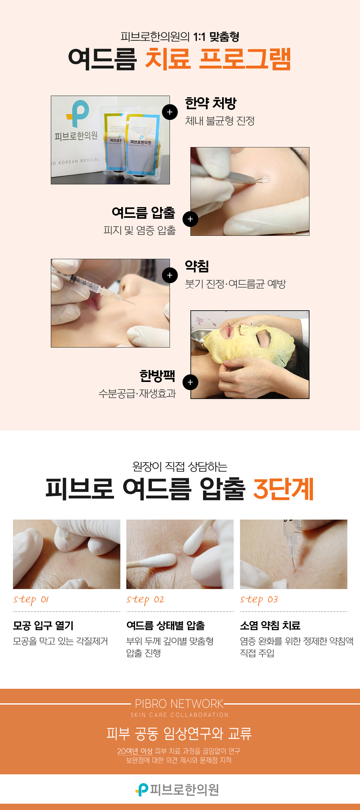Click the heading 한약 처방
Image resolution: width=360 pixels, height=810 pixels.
pyautogui.click(x=211, y=104)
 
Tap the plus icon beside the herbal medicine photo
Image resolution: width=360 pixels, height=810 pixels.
pyautogui.click(x=170, y=112)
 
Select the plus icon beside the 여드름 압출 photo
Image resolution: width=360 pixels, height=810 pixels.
pyautogui.click(x=190, y=219)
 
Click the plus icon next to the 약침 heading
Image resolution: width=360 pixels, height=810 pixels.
pyautogui.click(x=170, y=275)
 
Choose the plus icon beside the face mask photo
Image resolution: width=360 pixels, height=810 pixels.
pyautogui.click(x=190, y=382)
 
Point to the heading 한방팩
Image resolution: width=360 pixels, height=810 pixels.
pyautogui.click(x=157, y=376)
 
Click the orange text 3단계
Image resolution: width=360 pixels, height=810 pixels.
pyautogui.click(x=284, y=489)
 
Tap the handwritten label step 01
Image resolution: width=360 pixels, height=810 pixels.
pyautogui.click(x=31, y=599)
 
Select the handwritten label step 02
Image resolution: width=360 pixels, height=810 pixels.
pyautogui.click(x=145, y=599)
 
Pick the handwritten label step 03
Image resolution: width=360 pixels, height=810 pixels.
pyautogui.click(x=259, y=599)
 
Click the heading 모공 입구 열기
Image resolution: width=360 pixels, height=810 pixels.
pyautogui.click(x=43, y=625)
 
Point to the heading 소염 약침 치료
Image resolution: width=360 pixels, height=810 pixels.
pyautogui.click(x=270, y=625)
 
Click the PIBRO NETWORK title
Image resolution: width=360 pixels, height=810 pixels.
pyautogui.click(x=179, y=704)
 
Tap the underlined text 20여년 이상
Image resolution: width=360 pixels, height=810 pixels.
pyautogui.click(x=135, y=751)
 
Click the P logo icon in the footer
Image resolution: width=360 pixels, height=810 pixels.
pyautogui.click(x=142, y=790)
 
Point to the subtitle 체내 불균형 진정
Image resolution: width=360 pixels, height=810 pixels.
pyautogui.click(x=220, y=121)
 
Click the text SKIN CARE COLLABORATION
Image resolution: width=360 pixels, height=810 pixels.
pyautogui.click(x=179, y=715)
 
